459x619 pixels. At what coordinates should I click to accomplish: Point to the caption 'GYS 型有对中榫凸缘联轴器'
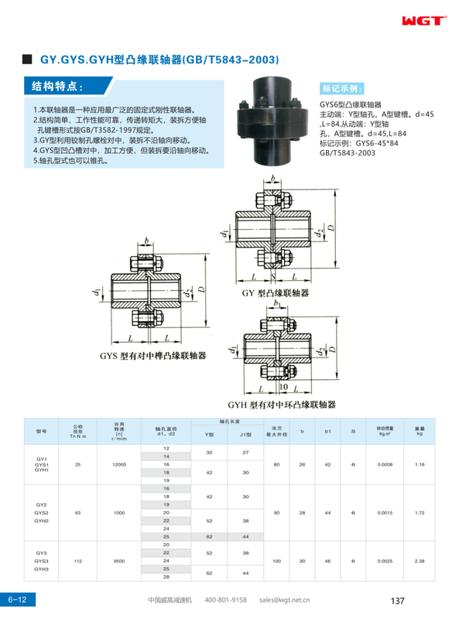(152, 357)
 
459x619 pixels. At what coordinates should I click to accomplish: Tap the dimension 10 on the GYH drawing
(284, 385)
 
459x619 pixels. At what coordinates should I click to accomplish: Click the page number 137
(399, 600)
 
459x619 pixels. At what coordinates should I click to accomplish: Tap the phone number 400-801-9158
(225, 600)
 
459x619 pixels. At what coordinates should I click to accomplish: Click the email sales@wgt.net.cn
(284, 600)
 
